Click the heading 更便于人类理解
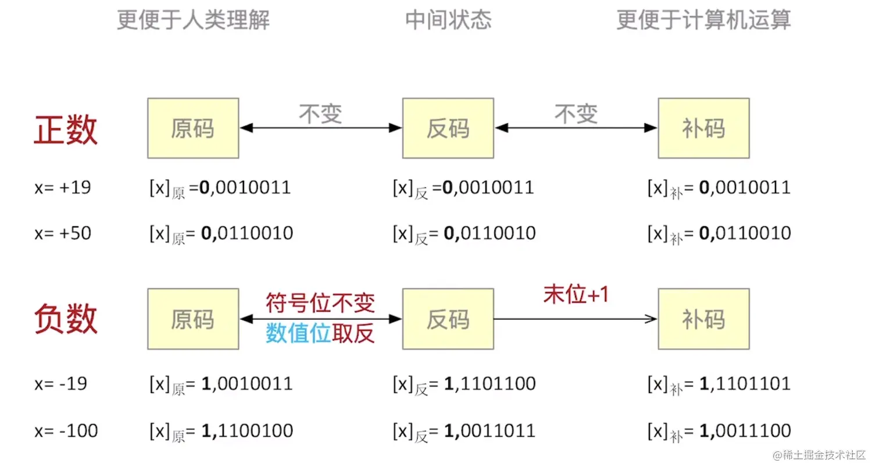(x=193, y=20)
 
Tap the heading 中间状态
(x=448, y=20)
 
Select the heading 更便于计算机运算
(x=703, y=20)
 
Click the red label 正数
(x=65, y=129)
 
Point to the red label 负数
(x=65, y=319)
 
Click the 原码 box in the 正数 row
(x=193, y=129)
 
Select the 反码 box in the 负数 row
(x=448, y=319)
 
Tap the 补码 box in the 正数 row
(x=703, y=129)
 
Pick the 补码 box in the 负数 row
(x=703, y=319)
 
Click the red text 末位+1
(x=576, y=294)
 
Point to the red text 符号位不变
(x=320, y=302)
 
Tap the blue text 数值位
(x=298, y=333)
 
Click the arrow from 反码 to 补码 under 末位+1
(x=576, y=319)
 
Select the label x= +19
(x=63, y=188)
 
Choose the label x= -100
(x=66, y=431)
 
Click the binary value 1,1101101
(x=745, y=384)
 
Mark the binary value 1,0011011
(x=489, y=431)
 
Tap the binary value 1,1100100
(x=247, y=431)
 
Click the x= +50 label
(x=63, y=233)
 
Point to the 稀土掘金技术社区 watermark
(x=819, y=455)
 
